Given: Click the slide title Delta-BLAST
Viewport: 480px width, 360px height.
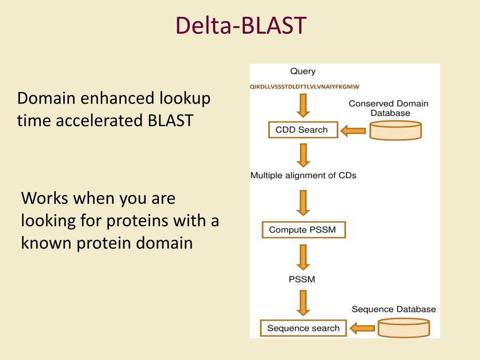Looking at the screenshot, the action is coord(241,25).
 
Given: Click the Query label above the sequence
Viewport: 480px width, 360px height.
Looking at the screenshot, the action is coord(303,71).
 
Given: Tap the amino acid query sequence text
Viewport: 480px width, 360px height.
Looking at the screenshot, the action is coord(304,87).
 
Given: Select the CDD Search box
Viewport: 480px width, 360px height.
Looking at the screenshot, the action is coord(303,130).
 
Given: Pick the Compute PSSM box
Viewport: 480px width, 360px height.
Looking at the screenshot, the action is coord(304,230).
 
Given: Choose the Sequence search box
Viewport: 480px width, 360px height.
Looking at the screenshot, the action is coord(303,328).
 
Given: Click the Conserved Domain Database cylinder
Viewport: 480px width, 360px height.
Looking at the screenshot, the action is coord(396,130).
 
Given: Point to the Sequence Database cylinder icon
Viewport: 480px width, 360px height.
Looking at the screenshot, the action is coord(404,328).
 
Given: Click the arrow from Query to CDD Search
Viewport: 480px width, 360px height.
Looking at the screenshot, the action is coord(303,105).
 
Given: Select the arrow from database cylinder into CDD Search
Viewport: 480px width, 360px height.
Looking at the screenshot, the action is coord(353,131).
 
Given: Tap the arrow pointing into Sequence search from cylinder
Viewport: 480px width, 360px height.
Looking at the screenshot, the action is coord(362,329).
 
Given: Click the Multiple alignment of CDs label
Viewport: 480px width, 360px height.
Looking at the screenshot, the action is coord(303,175).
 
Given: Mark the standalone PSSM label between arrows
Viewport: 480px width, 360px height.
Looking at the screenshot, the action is coord(302,279).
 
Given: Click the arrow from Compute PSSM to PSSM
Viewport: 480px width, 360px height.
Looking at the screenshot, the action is coord(303,257).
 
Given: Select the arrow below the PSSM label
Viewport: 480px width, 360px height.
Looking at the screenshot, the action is coord(303,303).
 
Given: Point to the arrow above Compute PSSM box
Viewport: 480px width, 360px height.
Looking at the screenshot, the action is coord(303,203).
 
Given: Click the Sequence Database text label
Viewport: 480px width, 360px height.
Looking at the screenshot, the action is coord(394,309).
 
